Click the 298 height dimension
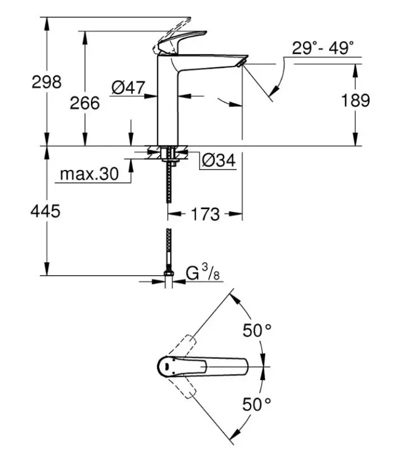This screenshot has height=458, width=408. pos(47,82)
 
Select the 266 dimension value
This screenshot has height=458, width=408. pos(85,103)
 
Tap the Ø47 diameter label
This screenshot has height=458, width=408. pos(127,87)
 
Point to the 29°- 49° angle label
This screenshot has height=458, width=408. pos(323,48)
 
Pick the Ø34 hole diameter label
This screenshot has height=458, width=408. pos(218,160)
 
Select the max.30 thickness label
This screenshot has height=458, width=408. pos(89,174)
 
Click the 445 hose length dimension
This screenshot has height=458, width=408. pos(47,212)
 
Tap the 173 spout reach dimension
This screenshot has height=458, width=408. pos(205,214)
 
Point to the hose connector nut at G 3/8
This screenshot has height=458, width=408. pos(169,276)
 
